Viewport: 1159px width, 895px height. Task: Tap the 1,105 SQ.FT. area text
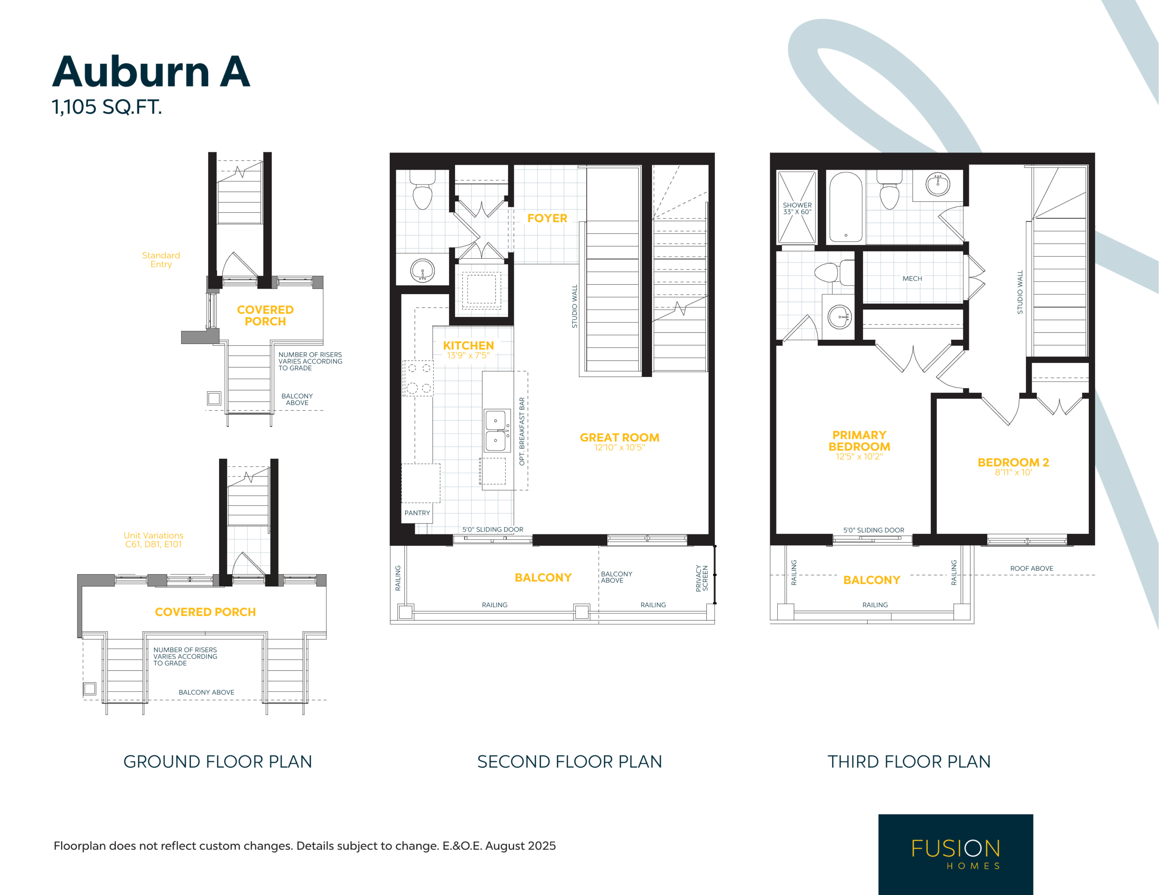click(x=107, y=107)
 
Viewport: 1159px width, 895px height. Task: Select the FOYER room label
click(x=547, y=218)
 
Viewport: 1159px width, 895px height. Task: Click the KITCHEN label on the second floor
click(x=468, y=345)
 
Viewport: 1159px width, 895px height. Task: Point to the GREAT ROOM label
click(x=619, y=438)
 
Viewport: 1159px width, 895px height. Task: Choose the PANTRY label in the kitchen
click(x=417, y=513)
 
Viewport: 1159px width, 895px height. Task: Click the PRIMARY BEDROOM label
click(x=859, y=441)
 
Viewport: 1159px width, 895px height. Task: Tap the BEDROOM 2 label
click(x=1013, y=462)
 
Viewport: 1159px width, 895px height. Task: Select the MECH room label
click(x=912, y=279)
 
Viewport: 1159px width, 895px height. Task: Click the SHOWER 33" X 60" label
click(x=797, y=209)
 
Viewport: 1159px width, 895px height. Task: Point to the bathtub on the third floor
click(x=846, y=207)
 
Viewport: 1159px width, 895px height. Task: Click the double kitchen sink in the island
click(x=496, y=430)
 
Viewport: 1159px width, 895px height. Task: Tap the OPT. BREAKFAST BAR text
click(x=522, y=431)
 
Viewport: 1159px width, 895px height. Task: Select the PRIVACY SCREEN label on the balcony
click(x=702, y=578)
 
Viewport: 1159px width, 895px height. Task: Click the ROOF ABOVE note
click(x=1032, y=568)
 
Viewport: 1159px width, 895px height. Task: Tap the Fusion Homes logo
click(x=956, y=854)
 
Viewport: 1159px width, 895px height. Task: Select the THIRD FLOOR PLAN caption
click(x=909, y=762)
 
